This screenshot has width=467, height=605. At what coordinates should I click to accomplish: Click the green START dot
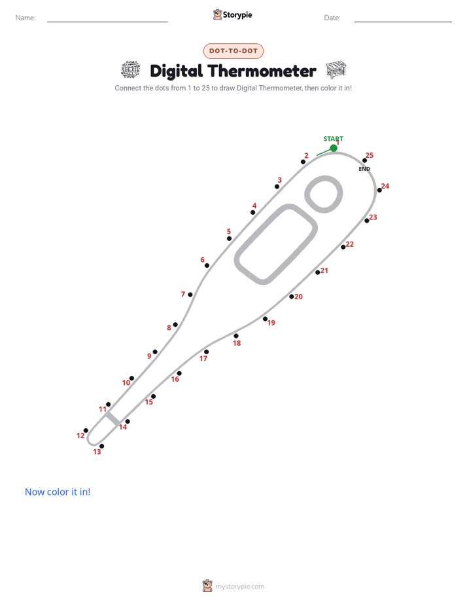pyautogui.click(x=334, y=148)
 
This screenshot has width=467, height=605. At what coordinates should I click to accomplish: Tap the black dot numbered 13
pyautogui.click(x=102, y=447)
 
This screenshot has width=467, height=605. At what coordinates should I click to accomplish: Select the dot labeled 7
pyautogui.click(x=190, y=295)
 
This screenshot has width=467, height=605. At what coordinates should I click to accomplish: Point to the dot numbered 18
pyautogui.click(x=236, y=336)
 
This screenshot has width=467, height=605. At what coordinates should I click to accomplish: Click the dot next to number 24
pyautogui.click(x=379, y=191)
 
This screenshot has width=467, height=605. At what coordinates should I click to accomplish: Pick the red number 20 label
pyautogui.click(x=299, y=297)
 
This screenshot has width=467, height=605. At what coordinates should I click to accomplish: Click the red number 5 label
pyautogui.click(x=229, y=232)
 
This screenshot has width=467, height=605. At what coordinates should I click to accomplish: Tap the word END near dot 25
pyautogui.click(x=364, y=169)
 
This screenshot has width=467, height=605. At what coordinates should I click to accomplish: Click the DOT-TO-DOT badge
pyautogui.click(x=233, y=51)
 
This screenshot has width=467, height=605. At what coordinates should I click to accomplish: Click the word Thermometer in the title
pyautogui.click(x=262, y=71)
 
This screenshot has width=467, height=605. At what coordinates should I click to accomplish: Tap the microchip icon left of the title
pyautogui.click(x=131, y=69)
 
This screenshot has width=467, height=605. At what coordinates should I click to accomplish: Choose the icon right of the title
pyautogui.click(x=336, y=69)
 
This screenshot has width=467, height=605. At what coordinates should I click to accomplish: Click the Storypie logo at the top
pyautogui.click(x=232, y=14)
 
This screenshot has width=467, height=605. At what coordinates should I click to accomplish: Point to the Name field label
pyautogui.click(x=26, y=18)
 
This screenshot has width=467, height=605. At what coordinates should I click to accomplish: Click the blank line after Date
pyautogui.click(x=403, y=22)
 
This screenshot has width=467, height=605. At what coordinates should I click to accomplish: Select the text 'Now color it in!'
pyautogui.click(x=58, y=492)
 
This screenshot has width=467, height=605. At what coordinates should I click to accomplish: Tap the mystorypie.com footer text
pyautogui.click(x=239, y=587)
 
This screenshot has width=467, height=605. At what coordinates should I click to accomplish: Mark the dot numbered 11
pyautogui.click(x=109, y=405)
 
